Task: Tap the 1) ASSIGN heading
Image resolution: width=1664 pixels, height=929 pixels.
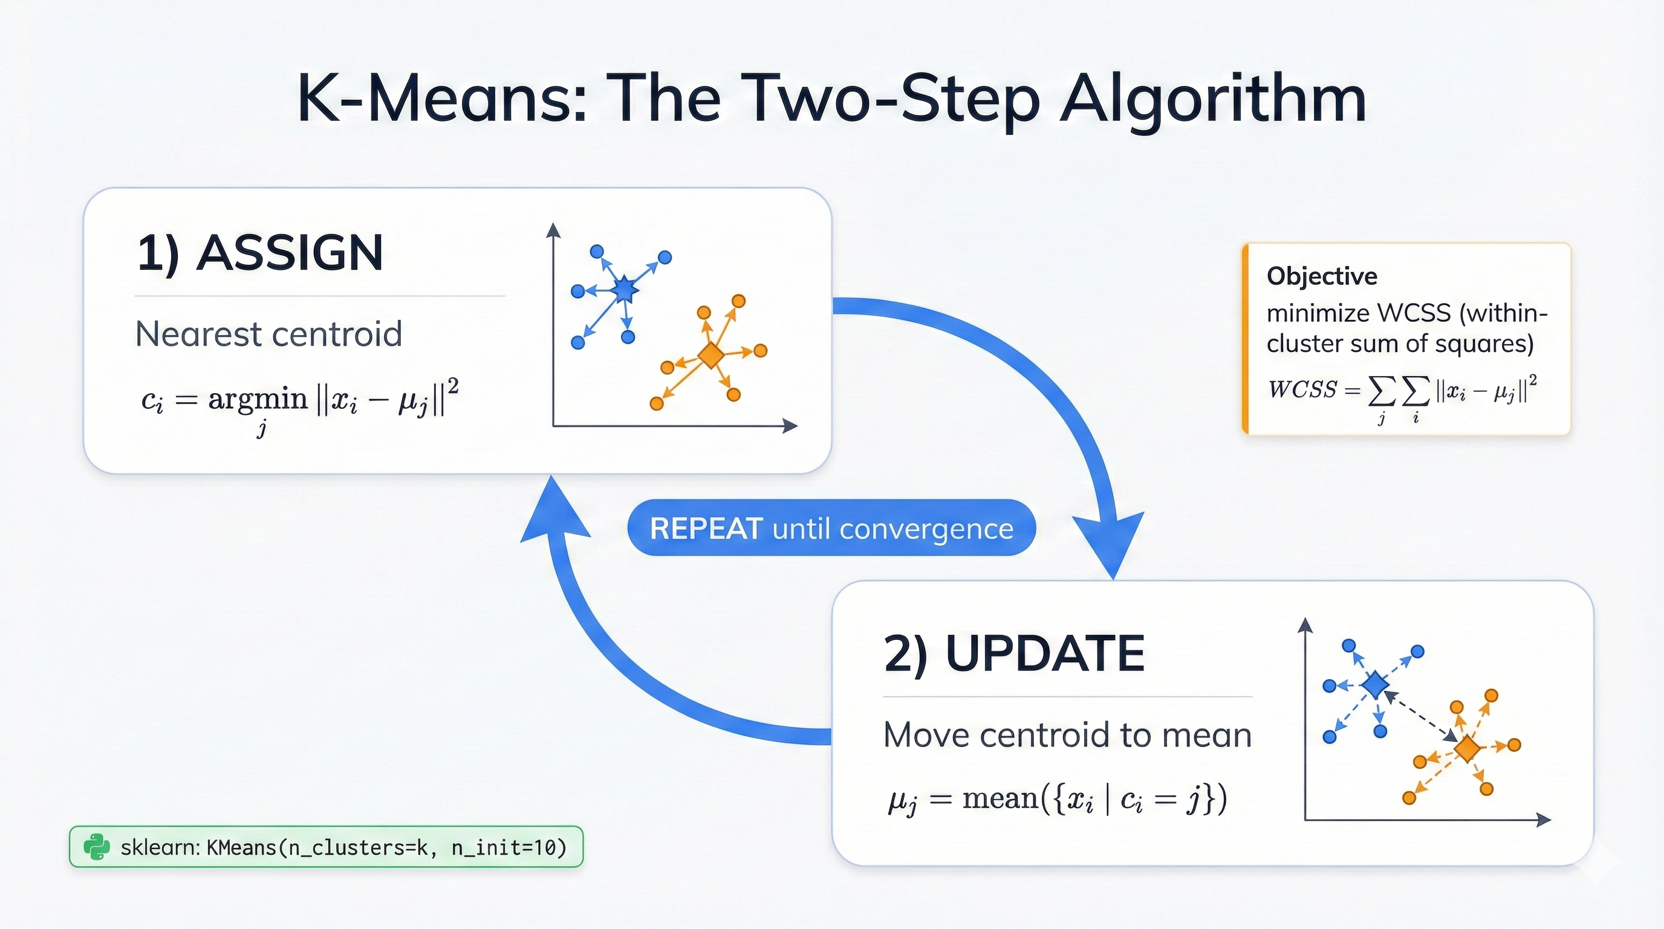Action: coord(261,253)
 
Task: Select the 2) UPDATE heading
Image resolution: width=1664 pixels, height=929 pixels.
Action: coord(1013,653)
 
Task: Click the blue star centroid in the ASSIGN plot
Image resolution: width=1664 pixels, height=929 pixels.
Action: coord(624,290)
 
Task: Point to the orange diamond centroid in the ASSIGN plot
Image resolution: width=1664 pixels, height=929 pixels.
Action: coord(710,355)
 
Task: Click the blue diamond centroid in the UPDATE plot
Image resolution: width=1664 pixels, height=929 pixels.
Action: coord(1374,685)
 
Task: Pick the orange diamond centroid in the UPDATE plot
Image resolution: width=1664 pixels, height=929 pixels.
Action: coord(1467,749)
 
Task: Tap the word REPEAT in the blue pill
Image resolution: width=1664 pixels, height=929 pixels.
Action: coord(706,529)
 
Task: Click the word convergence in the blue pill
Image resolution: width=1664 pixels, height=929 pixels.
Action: coord(926,529)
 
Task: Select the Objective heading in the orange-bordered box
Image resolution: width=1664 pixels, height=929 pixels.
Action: coord(1322,276)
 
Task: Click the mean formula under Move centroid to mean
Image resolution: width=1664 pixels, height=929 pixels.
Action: coord(1058,799)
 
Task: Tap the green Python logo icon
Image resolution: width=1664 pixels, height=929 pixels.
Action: coord(96,846)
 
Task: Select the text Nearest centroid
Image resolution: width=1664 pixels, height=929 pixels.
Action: coord(268,334)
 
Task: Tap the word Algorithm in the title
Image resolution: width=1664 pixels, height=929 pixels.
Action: coord(1212,99)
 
